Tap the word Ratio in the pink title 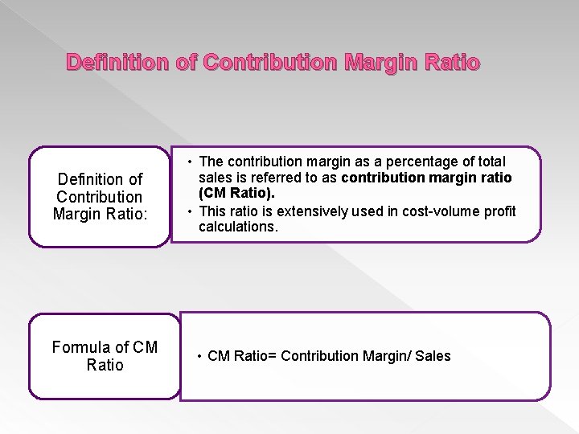(452, 63)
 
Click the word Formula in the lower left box (80, 347)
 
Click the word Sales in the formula (433, 356)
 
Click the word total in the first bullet (490, 162)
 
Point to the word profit (499, 211)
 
